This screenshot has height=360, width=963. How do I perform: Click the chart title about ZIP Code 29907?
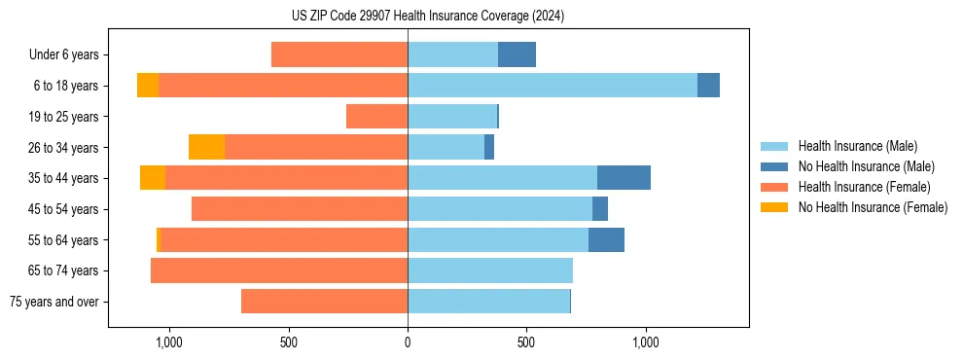click(428, 17)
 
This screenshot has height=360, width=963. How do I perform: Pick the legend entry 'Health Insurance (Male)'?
click(857, 147)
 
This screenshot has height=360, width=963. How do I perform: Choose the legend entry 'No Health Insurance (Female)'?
click(873, 207)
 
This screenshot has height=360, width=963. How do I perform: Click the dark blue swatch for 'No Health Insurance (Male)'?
click(775, 167)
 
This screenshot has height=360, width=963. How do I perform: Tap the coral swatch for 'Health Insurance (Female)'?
click(775, 187)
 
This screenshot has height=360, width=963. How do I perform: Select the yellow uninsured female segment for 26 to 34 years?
click(206, 147)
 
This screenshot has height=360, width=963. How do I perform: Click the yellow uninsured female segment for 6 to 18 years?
click(148, 86)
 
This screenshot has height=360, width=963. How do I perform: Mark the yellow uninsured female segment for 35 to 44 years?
click(153, 178)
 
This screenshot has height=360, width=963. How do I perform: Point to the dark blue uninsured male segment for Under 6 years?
click(517, 54)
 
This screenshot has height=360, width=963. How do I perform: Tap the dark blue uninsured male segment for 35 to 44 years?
click(624, 178)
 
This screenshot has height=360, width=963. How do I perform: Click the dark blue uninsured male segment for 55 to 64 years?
click(606, 239)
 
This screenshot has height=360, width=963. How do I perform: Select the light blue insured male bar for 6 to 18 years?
click(553, 86)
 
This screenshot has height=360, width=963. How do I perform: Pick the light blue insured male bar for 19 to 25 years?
click(452, 117)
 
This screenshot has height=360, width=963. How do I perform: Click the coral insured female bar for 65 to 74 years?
click(279, 270)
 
